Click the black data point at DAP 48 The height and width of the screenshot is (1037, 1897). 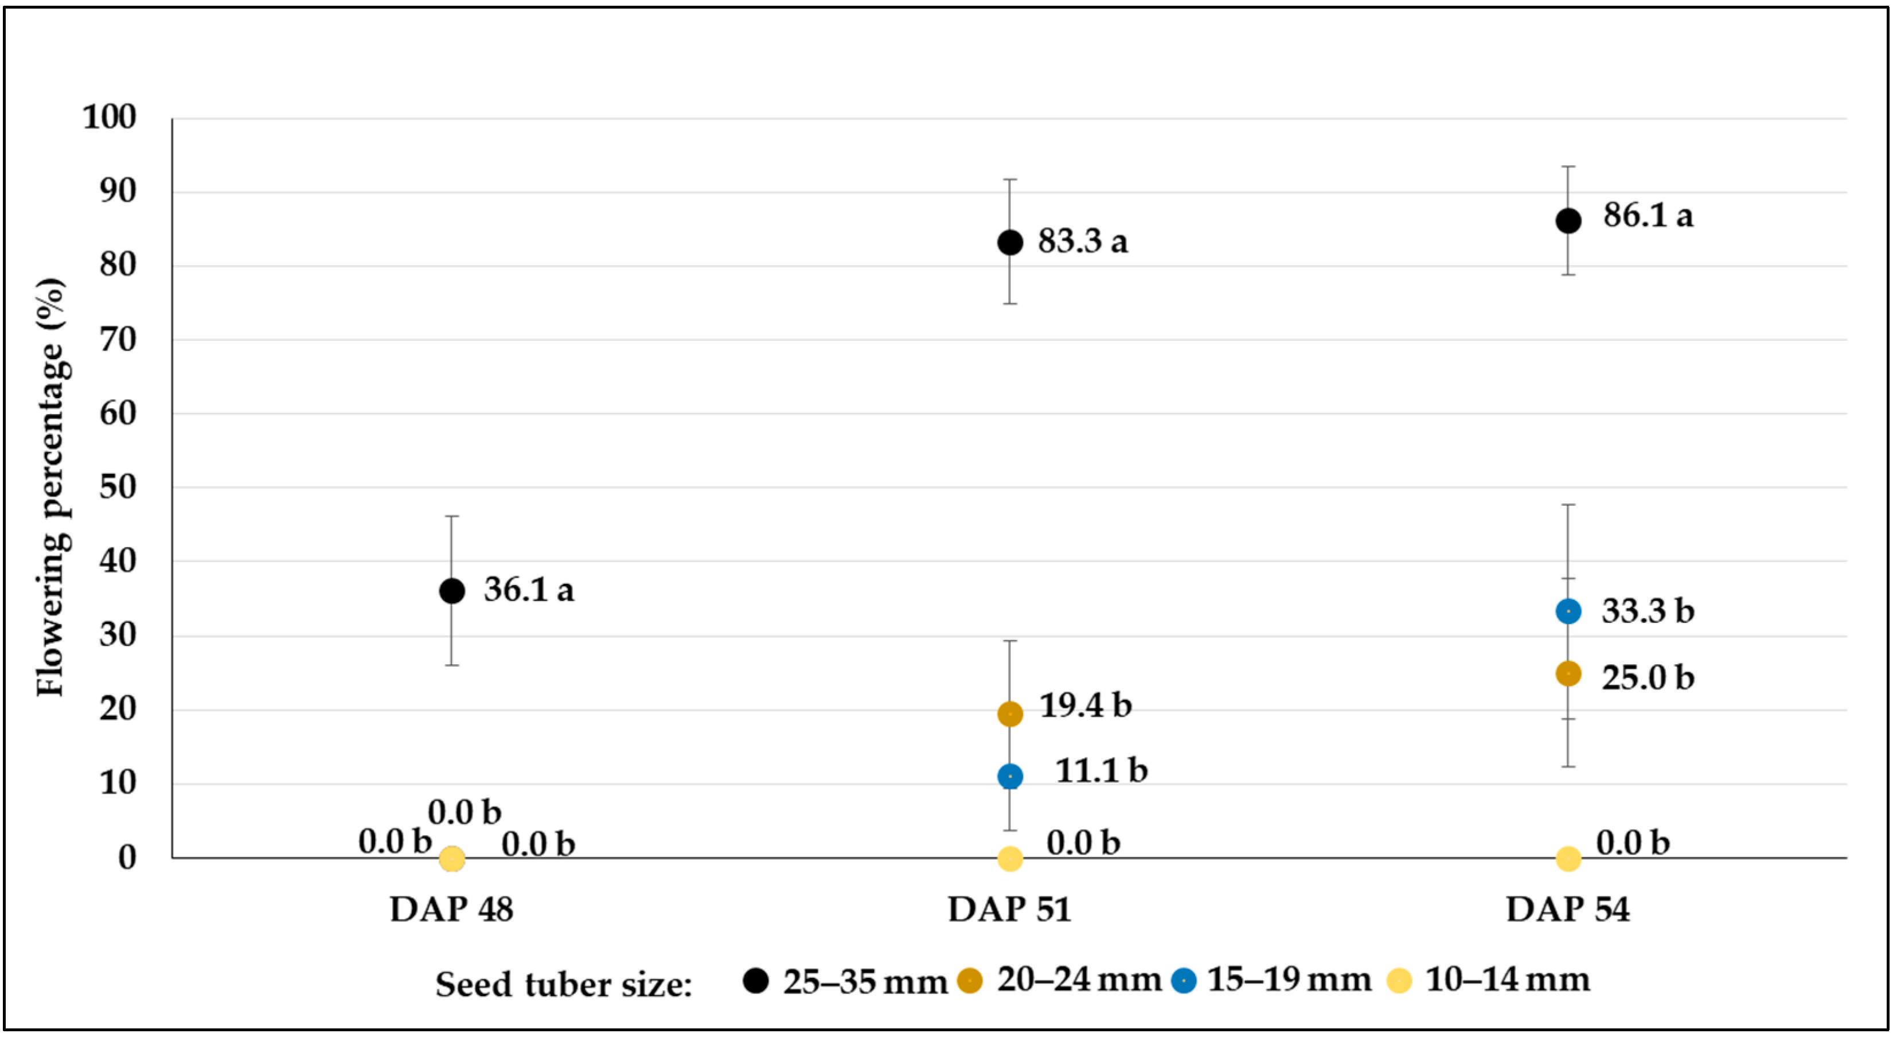coord(451,591)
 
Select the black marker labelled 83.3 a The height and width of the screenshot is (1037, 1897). coord(1010,242)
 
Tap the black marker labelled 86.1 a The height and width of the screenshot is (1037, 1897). coord(1568,220)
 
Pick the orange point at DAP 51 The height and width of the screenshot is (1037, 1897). coord(1010,714)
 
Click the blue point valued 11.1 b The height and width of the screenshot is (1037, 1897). coord(1010,776)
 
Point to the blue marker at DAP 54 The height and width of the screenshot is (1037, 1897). coord(1568,611)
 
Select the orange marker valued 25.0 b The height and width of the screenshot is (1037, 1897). coord(1568,673)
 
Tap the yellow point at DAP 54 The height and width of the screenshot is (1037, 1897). coord(1568,858)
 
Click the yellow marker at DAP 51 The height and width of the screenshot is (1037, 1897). coord(1010,858)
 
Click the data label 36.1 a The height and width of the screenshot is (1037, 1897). coord(528,590)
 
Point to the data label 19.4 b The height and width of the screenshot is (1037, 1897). coord(1085,705)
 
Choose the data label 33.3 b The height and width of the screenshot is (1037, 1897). coord(1648,611)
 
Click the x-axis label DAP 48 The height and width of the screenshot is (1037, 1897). coord(451,909)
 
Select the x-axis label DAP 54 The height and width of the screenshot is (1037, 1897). coord(1568,909)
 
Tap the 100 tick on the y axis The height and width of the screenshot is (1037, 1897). coord(109,117)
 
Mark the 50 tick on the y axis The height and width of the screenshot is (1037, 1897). coord(118,487)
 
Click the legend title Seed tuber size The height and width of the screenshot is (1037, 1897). coord(563,985)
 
